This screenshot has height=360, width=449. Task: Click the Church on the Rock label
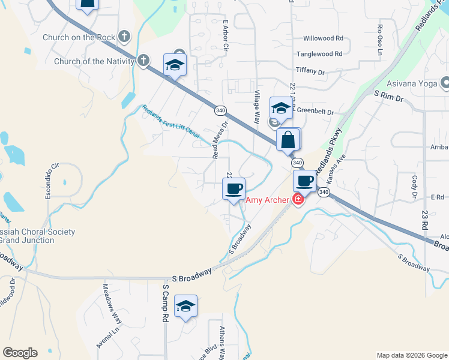click(x=79, y=37)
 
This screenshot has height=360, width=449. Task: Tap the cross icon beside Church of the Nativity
click(x=143, y=61)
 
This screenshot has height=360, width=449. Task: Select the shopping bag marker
click(x=288, y=140)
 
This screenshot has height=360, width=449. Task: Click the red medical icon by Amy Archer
click(x=297, y=200)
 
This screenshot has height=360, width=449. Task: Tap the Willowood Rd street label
click(x=323, y=38)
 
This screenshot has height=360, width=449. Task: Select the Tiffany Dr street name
click(x=310, y=71)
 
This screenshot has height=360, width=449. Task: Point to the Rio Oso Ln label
click(x=380, y=40)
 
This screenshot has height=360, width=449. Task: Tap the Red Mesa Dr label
click(x=220, y=140)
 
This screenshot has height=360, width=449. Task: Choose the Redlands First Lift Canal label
click(x=170, y=122)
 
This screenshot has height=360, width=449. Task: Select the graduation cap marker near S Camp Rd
click(x=186, y=307)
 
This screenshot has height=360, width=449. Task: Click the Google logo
click(x=20, y=353)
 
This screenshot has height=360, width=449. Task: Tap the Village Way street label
click(x=258, y=106)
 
